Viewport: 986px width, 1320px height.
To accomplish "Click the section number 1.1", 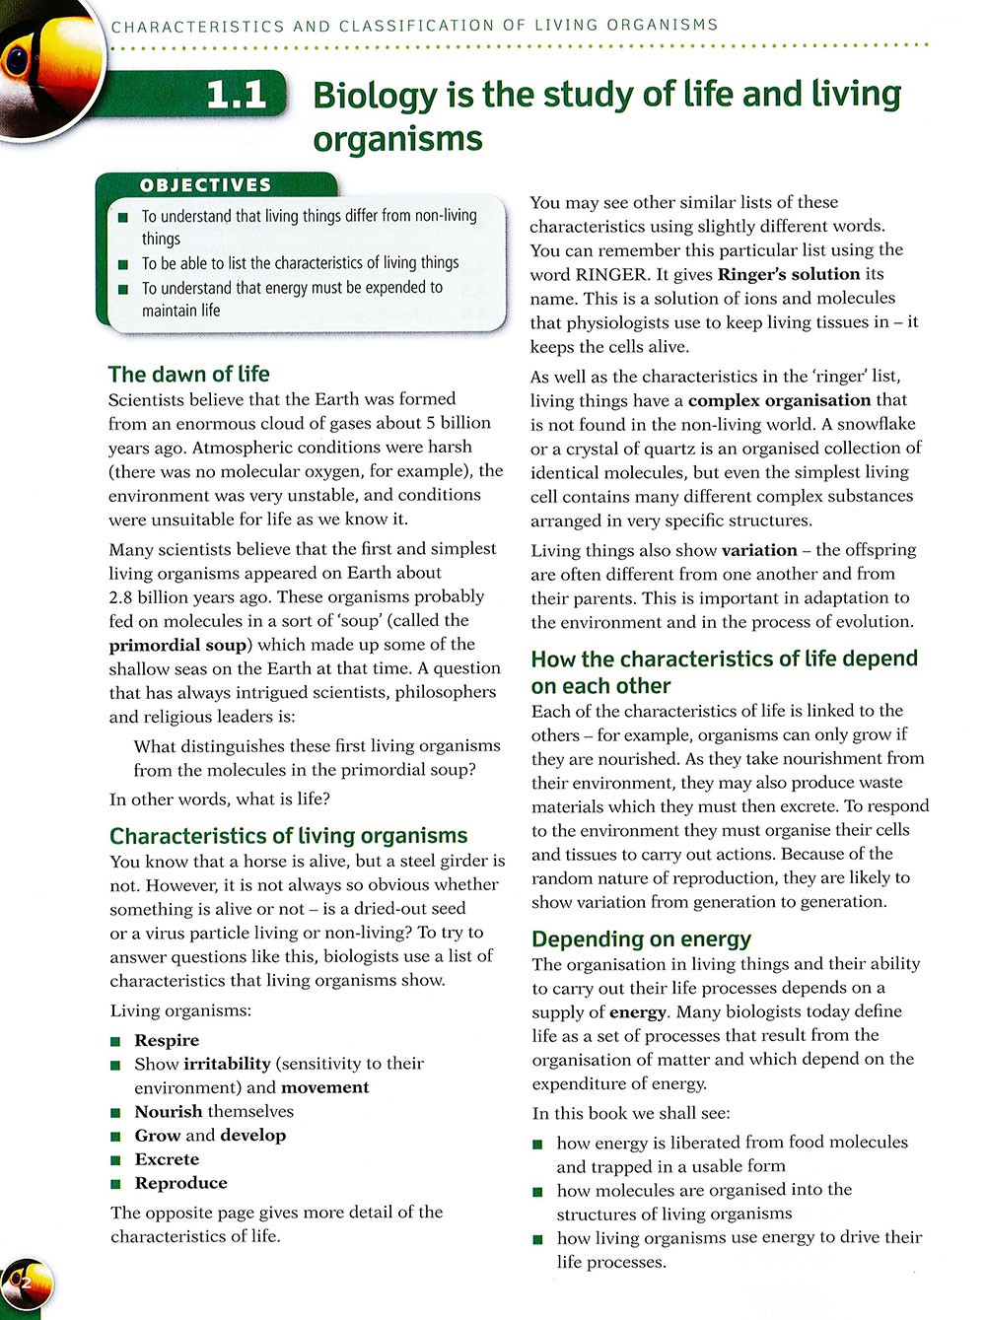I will pyautogui.click(x=237, y=96).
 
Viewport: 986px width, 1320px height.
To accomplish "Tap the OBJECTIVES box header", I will pyautogui.click(x=205, y=185).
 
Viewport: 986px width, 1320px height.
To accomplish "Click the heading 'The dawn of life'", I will pyautogui.click(x=188, y=375).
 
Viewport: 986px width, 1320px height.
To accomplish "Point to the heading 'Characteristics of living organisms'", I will pyautogui.click(x=288, y=836).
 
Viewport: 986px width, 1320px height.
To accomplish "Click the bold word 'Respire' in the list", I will pyautogui.click(x=167, y=1040).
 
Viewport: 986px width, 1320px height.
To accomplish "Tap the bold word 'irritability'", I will pyautogui.click(x=227, y=1064).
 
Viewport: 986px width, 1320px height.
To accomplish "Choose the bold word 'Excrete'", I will pyautogui.click(x=167, y=1159).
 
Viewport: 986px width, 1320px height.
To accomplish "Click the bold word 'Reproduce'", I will pyautogui.click(x=180, y=1183).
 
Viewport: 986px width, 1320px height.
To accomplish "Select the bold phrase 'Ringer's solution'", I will pyautogui.click(x=789, y=274).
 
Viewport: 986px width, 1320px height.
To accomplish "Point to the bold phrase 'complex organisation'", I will pyautogui.click(x=779, y=400).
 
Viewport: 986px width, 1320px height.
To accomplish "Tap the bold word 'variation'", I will pyautogui.click(x=759, y=550).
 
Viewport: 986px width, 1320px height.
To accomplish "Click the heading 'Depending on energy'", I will pyautogui.click(x=641, y=939).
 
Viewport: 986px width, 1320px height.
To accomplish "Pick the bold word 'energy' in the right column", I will pyautogui.click(x=637, y=1011).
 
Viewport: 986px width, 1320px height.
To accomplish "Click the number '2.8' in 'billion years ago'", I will pyautogui.click(x=123, y=597).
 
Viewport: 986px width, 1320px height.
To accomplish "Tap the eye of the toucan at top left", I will pyautogui.click(x=18, y=61).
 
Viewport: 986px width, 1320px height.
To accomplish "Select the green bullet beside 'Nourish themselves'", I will pyautogui.click(x=115, y=1112).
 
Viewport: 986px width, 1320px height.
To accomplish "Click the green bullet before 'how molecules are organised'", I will pyautogui.click(x=537, y=1191).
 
